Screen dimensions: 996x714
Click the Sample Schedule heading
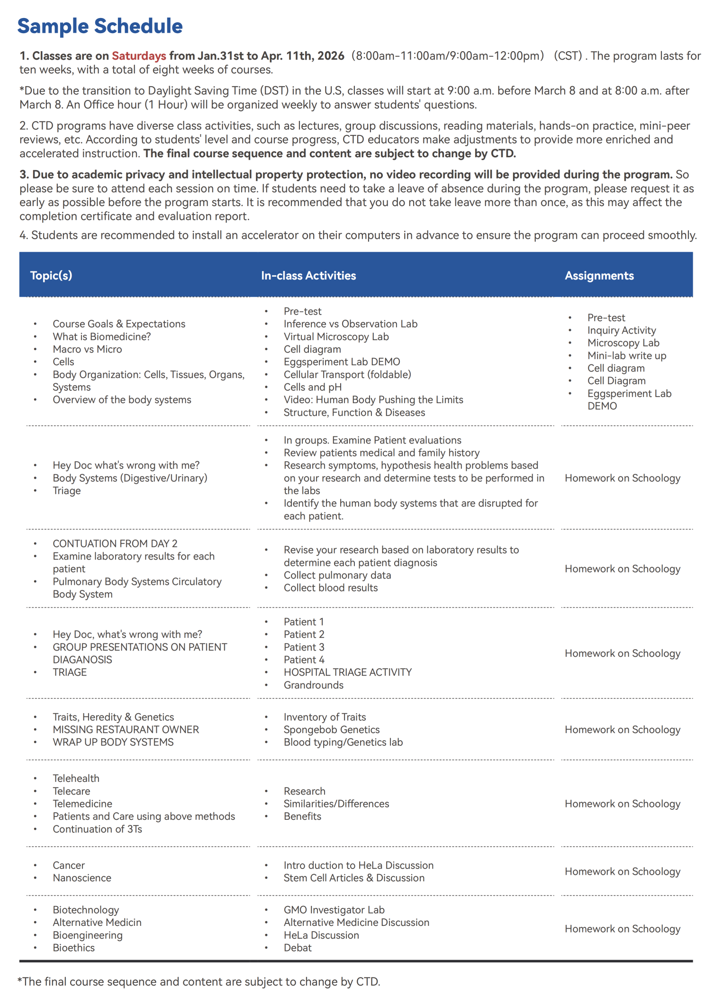pyautogui.click(x=100, y=26)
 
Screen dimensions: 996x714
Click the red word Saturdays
pyautogui.click(x=139, y=56)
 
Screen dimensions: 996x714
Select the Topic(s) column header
pyautogui.click(x=51, y=276)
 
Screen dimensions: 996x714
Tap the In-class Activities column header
pyautogui.click(x=308, y=276)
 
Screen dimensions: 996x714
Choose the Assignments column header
pyautogui.click(x=599, y=276)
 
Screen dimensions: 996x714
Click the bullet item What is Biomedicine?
pyautogui.click(x=102, y=337)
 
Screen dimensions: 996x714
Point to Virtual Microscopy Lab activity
pyautogui.click(x=336, y=337)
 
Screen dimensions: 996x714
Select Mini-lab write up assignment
pyautogui.click(x=626, y=356)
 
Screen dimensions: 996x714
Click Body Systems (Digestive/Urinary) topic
pyautogui.click(x=130, y=478)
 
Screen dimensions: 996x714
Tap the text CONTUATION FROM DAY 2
pyautogui.click(x=115, y=544)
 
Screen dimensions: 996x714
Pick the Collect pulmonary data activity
pyautogui.click(x=337, y=575)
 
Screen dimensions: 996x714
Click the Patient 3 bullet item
pyautogui.click(x=304, y=647)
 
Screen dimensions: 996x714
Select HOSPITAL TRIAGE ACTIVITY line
pyautogui.click(x=348, y=672)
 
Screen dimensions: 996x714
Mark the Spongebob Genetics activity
pyautogui.click(x=332, y=730)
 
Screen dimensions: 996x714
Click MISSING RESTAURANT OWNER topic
pyautogui.click(x=126, y=730)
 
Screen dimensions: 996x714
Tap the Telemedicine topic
pyautogui.click(x=82, y=804)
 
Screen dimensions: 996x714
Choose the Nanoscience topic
pyautogui.click(x=82, y=878)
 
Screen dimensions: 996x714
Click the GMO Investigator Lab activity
pyautogui.click(x=334, y=910)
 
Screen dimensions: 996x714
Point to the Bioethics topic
pyautogui.click(x=73, y=948)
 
